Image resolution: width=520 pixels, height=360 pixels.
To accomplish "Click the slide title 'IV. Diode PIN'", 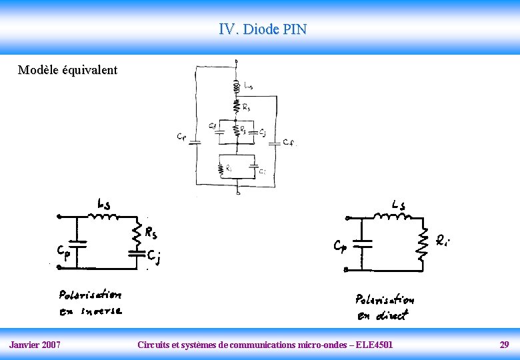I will pyautogui.click(x=263, y=29).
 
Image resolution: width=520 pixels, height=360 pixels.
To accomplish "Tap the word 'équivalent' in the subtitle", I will pyautogui.click(x=89, y=70).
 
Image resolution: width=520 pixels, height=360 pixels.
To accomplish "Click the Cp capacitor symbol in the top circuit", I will pyautogui.click(x=195, y=142).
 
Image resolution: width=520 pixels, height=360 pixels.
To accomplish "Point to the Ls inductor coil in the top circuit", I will pyautogui.click(x=237, y=86).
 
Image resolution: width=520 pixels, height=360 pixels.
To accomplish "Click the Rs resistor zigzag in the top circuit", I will pyautogui.click(x=237, y=105).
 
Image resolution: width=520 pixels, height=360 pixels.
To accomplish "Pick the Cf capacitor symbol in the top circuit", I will pyautogui.click(x=277, y=143).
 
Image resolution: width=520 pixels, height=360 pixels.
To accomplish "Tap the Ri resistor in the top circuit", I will pyautogui.click(x=221, y=169).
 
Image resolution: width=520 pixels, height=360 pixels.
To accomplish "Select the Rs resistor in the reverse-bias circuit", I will pyautogui.click(x=137, y=233).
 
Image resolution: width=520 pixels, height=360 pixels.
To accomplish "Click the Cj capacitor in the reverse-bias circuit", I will pyautogui.click(x=137, y=253).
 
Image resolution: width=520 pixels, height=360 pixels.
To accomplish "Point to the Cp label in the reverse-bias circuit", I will pyautogui.click(x=63, y=253).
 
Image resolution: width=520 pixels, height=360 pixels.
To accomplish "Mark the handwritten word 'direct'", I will pyautogui.click(x=391, y=315).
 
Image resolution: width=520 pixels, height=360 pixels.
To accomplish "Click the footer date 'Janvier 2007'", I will pyautogui.click(x=35, y=345).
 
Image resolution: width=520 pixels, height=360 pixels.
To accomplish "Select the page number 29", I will pyautogui.click(x=504, y=345).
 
